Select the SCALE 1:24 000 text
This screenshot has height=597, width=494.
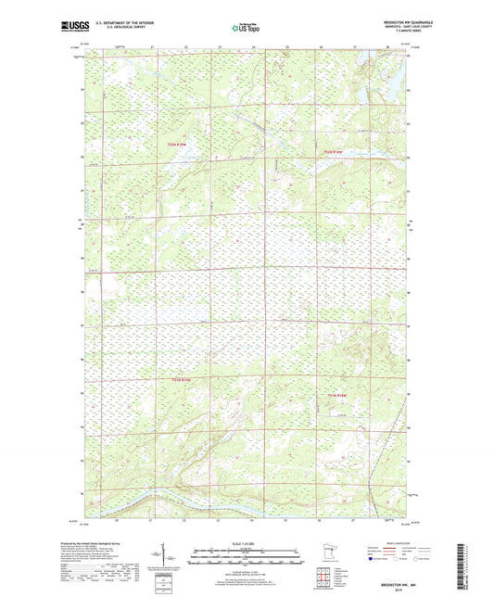(245, 543)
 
